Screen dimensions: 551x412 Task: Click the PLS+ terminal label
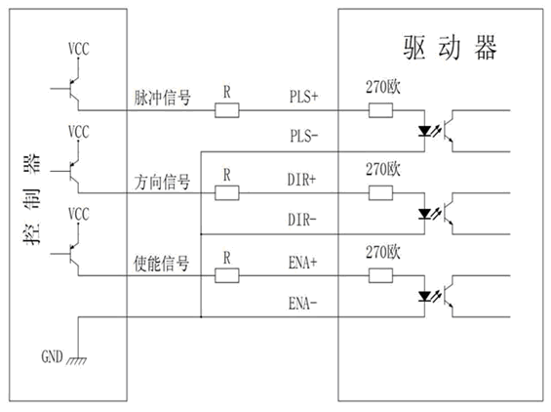pyautogui.click(x=303, y=97)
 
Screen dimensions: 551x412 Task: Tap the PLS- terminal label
pyautogui.click(x=304, y=136)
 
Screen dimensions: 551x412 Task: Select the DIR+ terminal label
pyautogui.click(x=302, y=180)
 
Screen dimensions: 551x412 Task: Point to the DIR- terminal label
pyautogui.click(x=302, y=220)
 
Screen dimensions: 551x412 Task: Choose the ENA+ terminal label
pyautogui.click(x=303, y=263)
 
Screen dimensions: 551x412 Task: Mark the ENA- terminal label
pyautogui.click(x=303, y=304)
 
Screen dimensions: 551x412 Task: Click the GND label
pyautogui.click(x=52, y=356)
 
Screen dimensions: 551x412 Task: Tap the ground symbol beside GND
pyautogui.click(x=77, y=360)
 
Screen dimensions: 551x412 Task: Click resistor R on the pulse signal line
pyautogui.click(x=227, y=110)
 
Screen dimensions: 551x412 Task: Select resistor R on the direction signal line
pyautogui.click(x=227, y=192)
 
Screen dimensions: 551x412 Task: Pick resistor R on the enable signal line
pyautogui.click(x=227, y=275)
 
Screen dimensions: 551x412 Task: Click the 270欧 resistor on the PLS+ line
pyautogui.click(x=380, y=110)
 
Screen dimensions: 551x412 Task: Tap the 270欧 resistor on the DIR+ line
pyautogui.click(x=380, y=192)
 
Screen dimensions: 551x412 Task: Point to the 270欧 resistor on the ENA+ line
pyautogui.click(x=380, y=275)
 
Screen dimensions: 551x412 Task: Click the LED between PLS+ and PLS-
pyautogui.click(x=424, y=132)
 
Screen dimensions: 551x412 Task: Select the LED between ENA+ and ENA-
pyautogui.click(x=424, y=297)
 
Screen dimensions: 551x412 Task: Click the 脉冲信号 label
pyautogui.click(x=162, y=98)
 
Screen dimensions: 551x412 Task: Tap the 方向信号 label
pyautogui.click(x=162, y=182)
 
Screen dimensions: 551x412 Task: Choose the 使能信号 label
pyautogui.click(x=162, y=264)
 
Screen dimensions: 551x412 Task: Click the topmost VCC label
pyautogui.click(x=79, y=49)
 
